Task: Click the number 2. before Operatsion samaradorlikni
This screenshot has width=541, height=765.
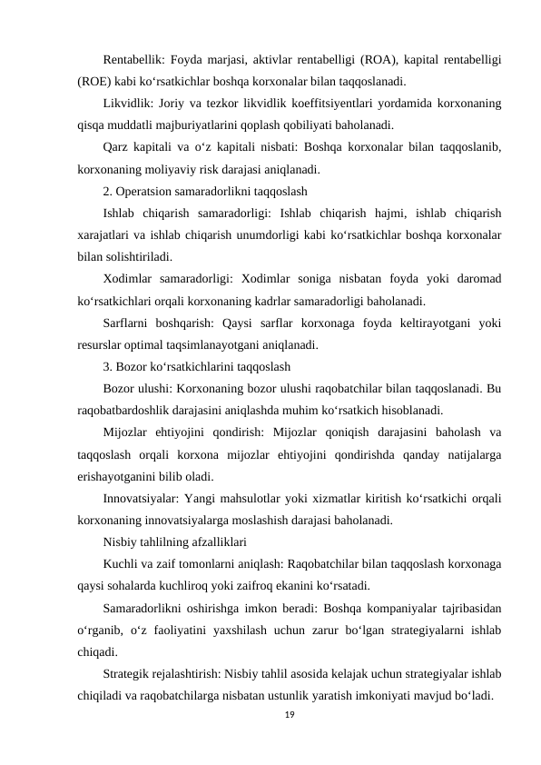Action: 108,192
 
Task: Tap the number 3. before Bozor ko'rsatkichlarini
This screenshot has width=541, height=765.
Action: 108,368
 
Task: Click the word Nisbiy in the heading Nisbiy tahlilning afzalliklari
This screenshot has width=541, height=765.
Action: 121,543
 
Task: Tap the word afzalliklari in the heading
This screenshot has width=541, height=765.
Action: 207,543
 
